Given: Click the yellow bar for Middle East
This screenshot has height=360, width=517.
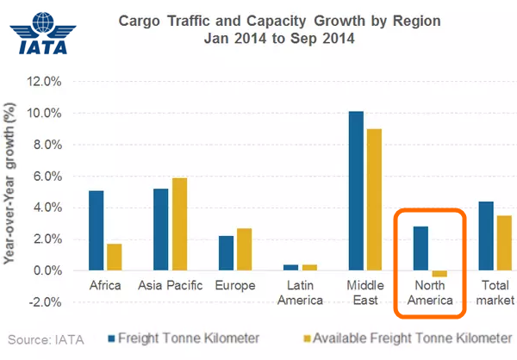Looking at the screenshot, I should tap(373, 200).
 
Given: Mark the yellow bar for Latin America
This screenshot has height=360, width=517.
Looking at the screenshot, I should tap(309, 267).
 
